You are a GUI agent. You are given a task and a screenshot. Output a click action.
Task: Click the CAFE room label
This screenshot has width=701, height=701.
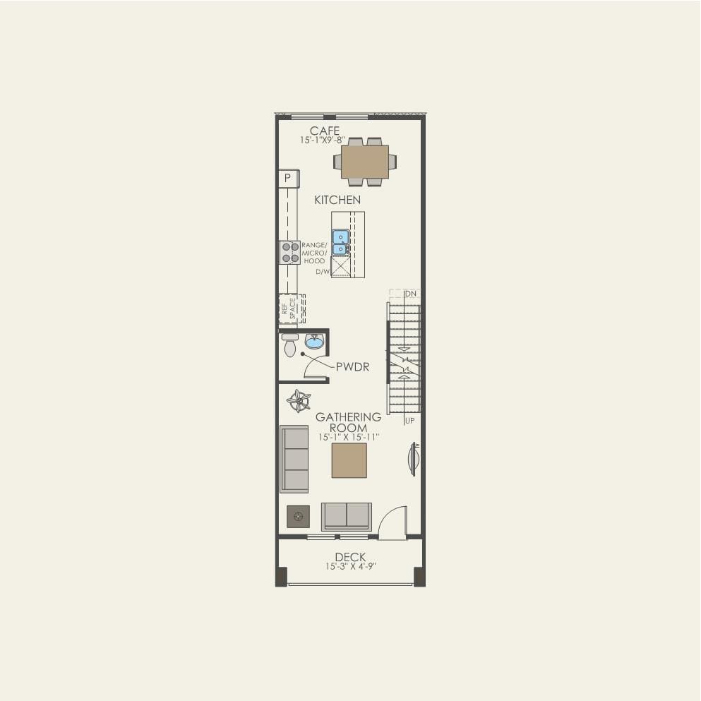click(325, 131)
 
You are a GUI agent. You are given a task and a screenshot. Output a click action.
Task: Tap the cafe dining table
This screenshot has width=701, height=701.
click(364, 162)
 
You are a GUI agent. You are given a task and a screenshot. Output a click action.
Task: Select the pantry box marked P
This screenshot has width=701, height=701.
click(288, 179)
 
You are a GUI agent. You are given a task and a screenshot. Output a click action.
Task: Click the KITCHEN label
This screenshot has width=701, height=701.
click(337, 200)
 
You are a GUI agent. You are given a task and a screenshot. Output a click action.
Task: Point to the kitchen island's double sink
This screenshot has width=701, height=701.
click(340, 242)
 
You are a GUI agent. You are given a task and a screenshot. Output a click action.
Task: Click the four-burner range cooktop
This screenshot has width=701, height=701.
click(290, 252)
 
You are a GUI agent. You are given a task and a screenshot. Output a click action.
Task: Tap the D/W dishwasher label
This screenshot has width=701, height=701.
click(323, 271)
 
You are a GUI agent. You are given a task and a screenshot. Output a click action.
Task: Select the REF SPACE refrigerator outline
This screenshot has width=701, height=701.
click(291, 308)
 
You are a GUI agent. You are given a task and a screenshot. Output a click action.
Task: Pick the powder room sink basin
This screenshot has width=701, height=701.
click(314, 343)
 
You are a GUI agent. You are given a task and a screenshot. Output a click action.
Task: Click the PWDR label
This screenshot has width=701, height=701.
click(352, 367)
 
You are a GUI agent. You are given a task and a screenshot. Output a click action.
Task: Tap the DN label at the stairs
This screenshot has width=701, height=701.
click(412, 293)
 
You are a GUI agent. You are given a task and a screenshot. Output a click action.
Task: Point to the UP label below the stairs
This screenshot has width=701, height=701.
click(409, 421)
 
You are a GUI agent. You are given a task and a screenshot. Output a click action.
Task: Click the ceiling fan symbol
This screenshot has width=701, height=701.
click(299, 401)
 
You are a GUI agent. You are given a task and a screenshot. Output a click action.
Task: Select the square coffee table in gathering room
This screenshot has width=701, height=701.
click(349, 460)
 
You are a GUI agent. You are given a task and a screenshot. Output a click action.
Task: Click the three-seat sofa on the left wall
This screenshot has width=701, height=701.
click(294, 459)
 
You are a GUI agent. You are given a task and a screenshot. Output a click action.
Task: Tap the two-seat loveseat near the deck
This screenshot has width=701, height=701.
click(346, 517)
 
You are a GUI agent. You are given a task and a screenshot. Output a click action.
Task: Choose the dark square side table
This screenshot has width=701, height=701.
click(298, 517)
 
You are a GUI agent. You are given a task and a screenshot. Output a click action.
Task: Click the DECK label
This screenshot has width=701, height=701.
click(350, 557)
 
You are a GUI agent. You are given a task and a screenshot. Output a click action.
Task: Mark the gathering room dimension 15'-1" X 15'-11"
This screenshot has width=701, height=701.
click(349, 438)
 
